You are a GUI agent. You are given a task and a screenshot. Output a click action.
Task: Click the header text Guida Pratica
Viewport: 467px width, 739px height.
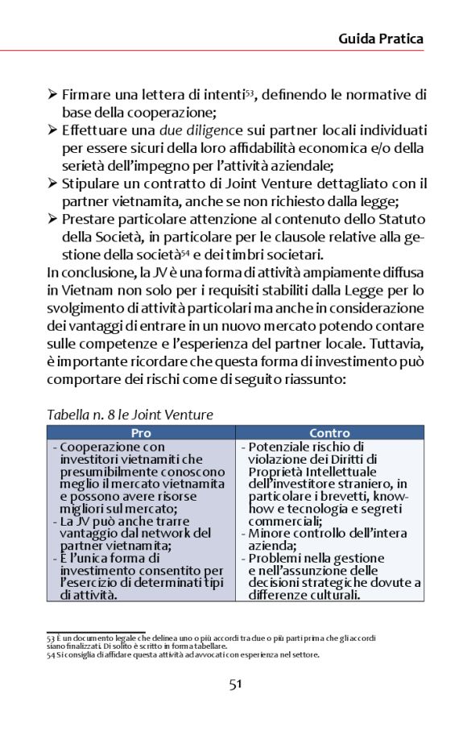coord(380,38)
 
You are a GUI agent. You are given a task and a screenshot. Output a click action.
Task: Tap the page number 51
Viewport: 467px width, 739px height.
coord(234,684)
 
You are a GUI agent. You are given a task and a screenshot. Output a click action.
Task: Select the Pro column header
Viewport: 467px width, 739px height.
coord(141,433)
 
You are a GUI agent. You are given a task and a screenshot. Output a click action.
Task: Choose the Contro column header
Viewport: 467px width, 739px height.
coord(329,433)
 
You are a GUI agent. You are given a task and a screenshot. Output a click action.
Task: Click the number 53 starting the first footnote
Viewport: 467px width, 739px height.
coord(52,638)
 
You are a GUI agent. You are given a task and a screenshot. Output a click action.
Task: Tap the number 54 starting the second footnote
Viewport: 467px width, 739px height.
coord(52,654)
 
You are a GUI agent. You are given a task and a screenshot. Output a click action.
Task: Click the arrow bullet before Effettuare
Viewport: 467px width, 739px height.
coord(52,130)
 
